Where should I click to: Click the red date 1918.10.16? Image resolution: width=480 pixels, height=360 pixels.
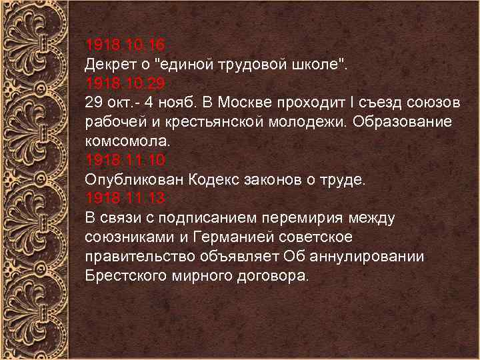[125, 46]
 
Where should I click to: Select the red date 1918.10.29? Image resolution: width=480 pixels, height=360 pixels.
[125, 84]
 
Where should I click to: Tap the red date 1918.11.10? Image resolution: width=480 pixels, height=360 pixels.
[125, 161]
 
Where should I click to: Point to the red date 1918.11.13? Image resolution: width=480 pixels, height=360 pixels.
[125, 199]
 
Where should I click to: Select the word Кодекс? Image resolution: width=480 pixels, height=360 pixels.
[213, 180]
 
